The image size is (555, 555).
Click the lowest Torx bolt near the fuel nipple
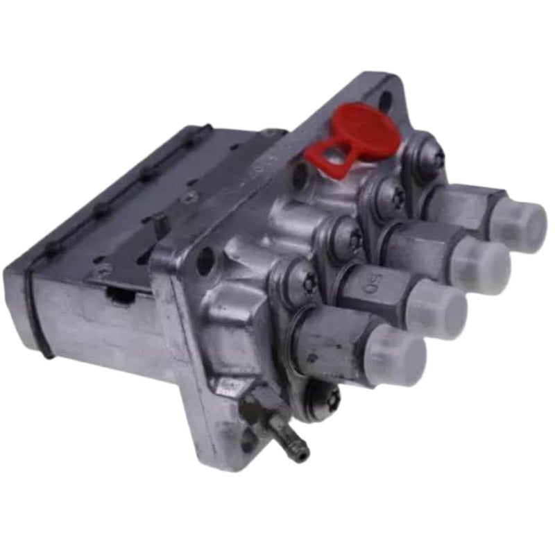tap(323, 400)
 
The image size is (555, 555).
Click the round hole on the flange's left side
tap(205, 262)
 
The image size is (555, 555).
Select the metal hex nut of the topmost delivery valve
tap(458, 201)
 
